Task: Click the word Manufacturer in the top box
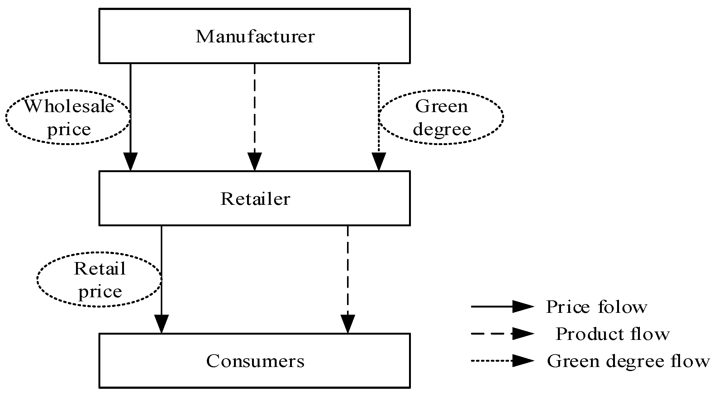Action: coord(255,36)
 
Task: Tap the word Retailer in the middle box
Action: coord(255,199)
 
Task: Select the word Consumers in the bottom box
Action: coord(255,361)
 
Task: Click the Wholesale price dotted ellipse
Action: coord(68,117)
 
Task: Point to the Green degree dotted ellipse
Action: coord(441,117)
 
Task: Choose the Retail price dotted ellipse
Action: coord(99,280)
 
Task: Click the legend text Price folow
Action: coord(596,307)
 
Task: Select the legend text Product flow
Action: coord(612,334)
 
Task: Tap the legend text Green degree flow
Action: coord(628,361)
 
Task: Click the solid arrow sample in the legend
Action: coord(502,307)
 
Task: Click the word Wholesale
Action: coord(69,106)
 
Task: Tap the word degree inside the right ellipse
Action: coord(442,129)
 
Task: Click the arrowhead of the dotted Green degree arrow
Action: coord(379,161)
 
